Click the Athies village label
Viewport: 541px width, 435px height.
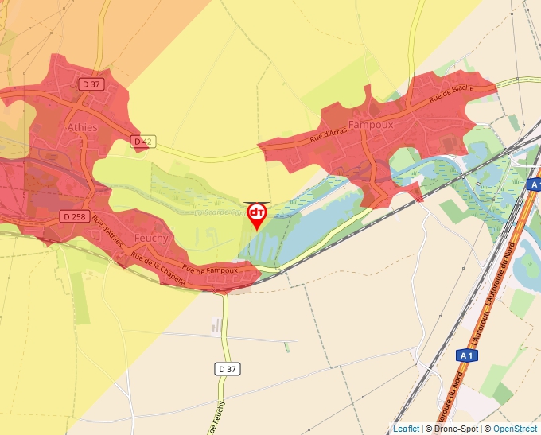(x=82, y=127)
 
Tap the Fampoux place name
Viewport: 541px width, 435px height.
(x=366, y=125)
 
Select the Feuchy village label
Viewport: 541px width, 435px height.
(x=150, y=238)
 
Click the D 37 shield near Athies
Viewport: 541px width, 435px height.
(x=90, y=83)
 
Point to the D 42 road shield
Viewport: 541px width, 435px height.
(x=142, y=141)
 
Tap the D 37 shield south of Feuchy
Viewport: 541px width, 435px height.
(x=228, y=368)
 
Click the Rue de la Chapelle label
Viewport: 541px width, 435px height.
(x=159, y=268)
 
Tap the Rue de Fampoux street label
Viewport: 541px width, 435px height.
(x=210, y=270)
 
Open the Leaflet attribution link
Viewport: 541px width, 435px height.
(x=406, y=429)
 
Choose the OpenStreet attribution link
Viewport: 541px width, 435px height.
(x=515, y=429)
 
